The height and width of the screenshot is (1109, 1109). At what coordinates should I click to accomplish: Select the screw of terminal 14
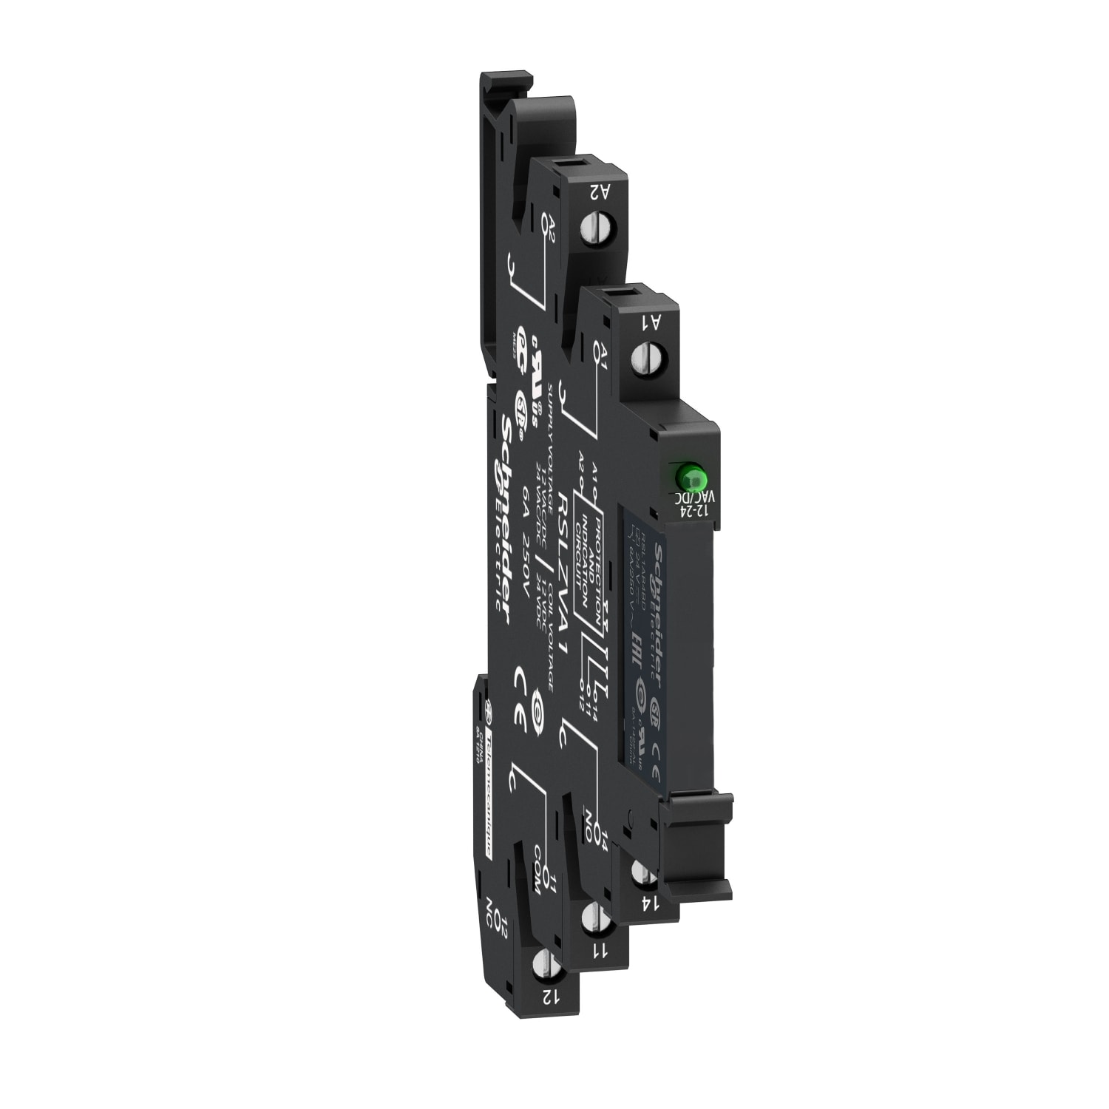point(642,872)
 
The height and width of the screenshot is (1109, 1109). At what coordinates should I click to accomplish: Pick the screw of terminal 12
point(544,965)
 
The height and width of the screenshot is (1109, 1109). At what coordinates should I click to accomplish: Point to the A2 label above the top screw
point(600,191)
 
